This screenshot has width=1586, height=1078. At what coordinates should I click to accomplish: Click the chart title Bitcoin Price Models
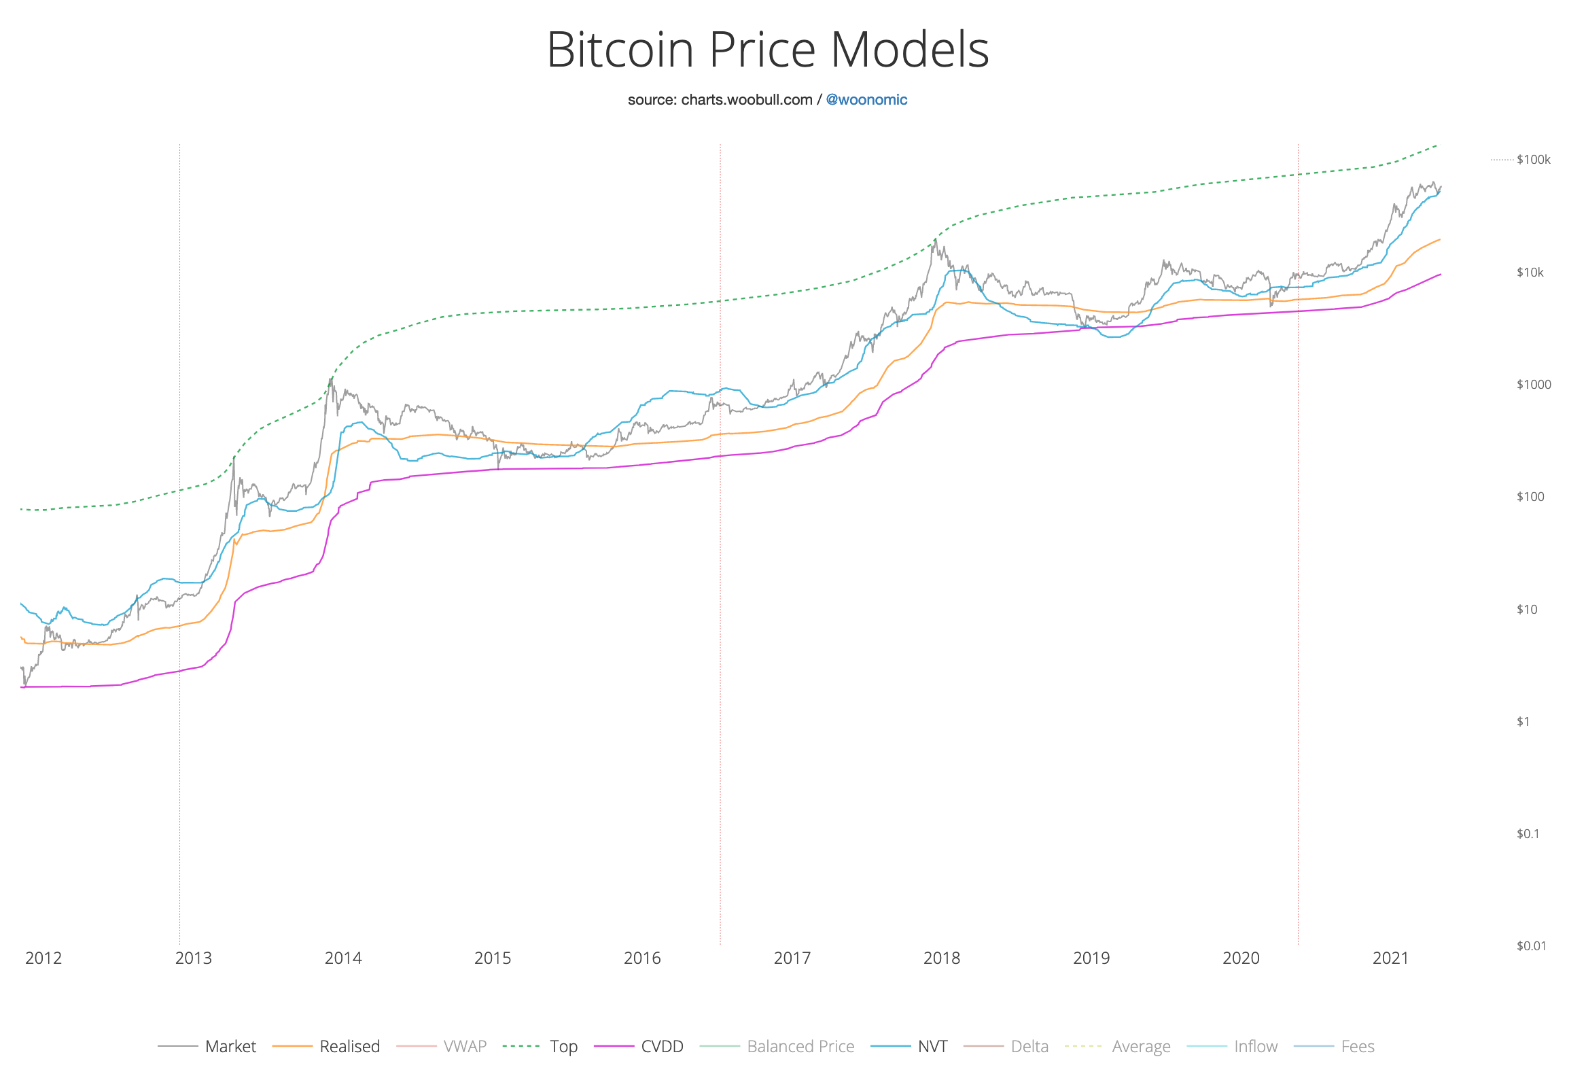click(767, 50)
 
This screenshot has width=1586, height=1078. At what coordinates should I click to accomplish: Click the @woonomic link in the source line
click(866, 100)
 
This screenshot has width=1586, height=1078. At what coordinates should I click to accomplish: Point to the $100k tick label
click(1533, 160)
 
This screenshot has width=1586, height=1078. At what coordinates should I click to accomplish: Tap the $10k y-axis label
click(1530, 273)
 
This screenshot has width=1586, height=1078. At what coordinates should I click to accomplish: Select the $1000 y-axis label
click(1533, 384)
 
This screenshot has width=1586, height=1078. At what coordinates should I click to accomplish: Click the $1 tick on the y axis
click(1523, 722)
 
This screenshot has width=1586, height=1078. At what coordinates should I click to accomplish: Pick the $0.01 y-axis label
click(1531, 945)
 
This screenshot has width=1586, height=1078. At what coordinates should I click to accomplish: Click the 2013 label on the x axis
click(193, 958)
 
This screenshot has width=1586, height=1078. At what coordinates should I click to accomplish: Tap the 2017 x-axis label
click(792, 958)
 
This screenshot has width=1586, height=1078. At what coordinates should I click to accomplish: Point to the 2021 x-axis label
click(1390, 958)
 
